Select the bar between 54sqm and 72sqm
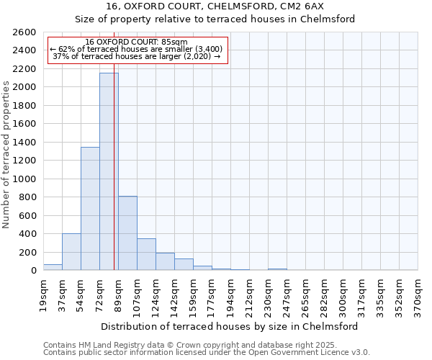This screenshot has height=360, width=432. pos(90,209)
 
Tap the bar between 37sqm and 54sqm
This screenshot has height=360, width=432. pos(71,252)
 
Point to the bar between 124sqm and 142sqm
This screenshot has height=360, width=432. pos(165,261)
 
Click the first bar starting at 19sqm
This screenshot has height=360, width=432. pos(53,267)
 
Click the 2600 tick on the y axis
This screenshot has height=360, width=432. pos(24,32)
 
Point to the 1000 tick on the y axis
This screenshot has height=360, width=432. pos(24,179)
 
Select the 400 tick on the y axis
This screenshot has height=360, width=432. pos(27,234)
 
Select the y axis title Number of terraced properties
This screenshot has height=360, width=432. pos(6,155)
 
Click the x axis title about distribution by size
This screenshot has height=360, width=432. pos(230,326)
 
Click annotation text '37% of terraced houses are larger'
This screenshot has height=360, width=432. pos(137,56)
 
